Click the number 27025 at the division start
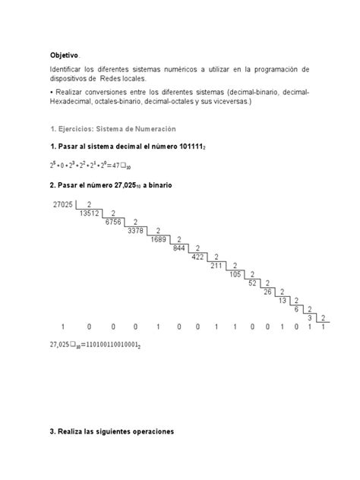(65, 205)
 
